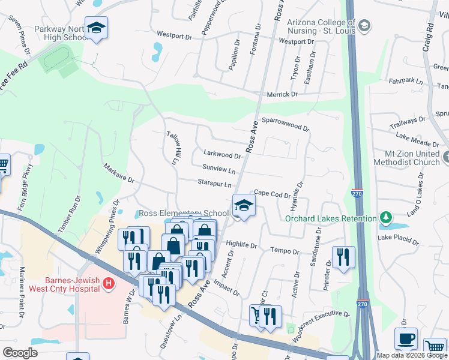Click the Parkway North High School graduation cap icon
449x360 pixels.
click(x=95, y=28)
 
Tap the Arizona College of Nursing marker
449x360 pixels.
click(x=365, y=26)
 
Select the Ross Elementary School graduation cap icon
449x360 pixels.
click(x=244, y=205)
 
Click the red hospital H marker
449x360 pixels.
click(x=109, y=283)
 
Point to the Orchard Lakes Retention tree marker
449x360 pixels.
click(x=385, y=218)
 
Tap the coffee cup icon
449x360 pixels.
click(x=406, y=338)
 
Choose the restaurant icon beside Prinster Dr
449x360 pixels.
click(x=343, y=257)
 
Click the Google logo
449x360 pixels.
click(x=20, y=352)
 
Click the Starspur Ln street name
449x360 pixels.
click(x=214, y=183)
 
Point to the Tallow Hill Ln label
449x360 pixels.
click(x=172, y=148)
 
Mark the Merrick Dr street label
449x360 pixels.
click(x=282, y=94)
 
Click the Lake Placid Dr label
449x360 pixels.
click(x=399, y=238)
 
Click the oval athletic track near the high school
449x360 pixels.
click(x=58, y=57)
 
